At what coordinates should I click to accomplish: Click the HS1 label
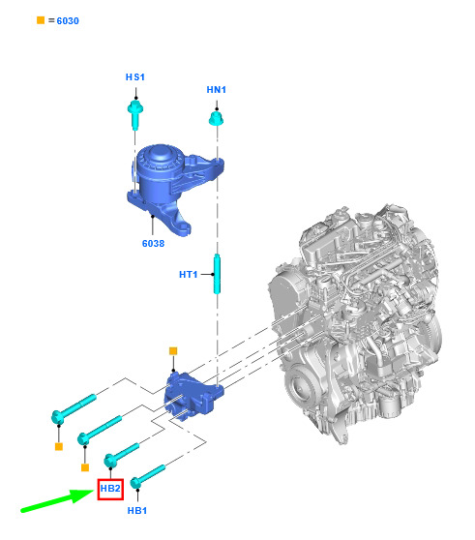134,76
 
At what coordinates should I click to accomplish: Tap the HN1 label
216,90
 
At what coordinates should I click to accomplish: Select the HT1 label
189,275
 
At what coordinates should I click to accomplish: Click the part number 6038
153,244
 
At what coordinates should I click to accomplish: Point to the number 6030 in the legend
68,21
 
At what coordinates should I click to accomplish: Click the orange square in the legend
41,20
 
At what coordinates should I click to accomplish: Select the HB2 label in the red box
110,489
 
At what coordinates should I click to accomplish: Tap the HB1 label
137,510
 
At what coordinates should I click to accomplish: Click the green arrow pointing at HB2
57,500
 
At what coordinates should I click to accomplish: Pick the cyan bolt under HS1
135,114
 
